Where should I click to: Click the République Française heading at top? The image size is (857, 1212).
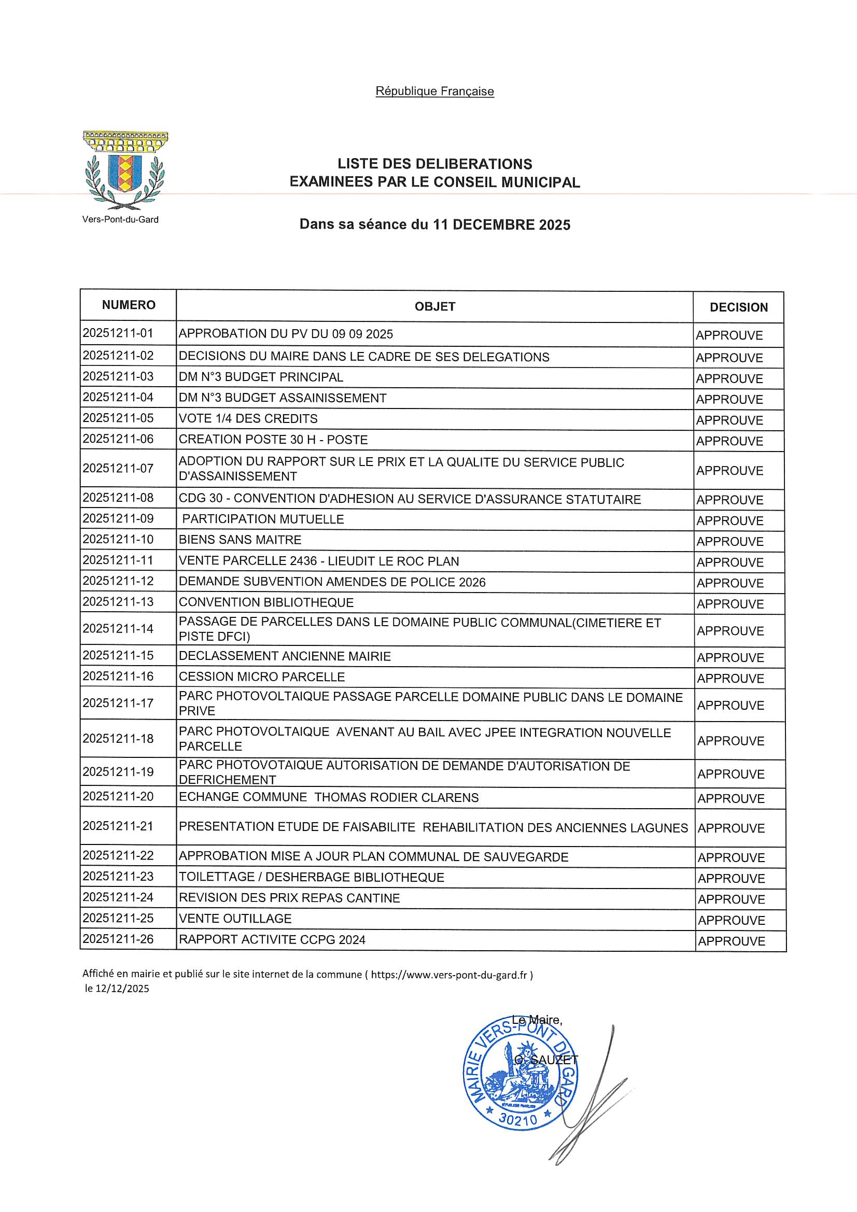434,91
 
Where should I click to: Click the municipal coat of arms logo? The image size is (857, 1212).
125,170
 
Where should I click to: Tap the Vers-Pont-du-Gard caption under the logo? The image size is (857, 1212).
120,220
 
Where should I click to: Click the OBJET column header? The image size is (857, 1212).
434,307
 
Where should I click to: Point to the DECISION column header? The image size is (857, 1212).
738,307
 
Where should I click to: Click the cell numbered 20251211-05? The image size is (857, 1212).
118,418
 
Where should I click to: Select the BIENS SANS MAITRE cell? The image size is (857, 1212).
240,540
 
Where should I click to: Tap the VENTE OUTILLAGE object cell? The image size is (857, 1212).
235,919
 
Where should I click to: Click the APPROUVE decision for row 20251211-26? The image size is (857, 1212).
732,941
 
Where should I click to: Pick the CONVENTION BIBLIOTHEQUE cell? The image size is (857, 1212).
266,602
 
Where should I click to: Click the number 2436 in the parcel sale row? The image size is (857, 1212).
303,561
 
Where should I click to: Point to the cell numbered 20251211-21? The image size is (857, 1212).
118,826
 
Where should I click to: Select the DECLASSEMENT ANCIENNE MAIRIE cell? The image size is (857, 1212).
285,656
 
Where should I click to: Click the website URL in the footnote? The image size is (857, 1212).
449,975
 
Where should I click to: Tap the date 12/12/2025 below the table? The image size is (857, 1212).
122,989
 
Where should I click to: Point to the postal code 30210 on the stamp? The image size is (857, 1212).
517,1120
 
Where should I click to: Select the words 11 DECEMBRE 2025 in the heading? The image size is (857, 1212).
501,225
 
